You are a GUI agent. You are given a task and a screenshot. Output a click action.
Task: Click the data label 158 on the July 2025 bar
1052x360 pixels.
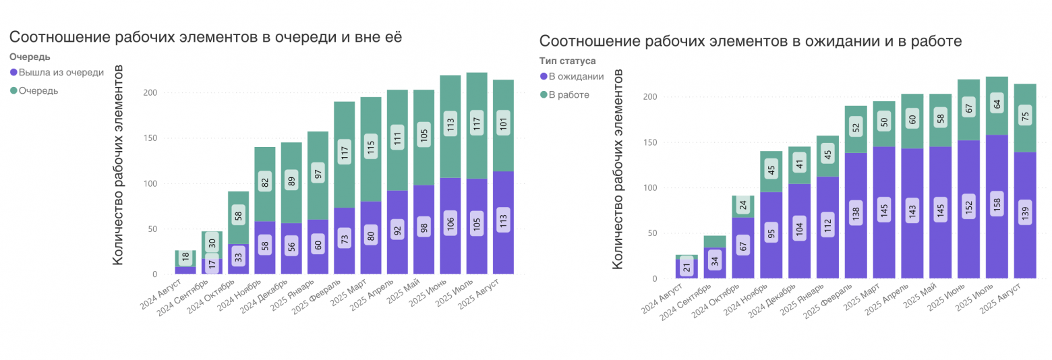(997, 203)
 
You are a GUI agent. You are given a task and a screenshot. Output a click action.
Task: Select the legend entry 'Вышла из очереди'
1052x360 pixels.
(61, 72)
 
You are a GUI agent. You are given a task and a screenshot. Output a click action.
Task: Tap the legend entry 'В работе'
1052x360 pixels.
(568, 94)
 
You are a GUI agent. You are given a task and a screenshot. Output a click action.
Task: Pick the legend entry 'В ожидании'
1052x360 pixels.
(576, 77)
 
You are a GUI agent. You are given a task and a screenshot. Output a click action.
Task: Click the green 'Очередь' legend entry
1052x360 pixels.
(38, 90)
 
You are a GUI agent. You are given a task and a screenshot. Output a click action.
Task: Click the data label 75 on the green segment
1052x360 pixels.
(1025, 116)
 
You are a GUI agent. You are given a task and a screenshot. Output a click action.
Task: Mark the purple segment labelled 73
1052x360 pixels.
(345, 238)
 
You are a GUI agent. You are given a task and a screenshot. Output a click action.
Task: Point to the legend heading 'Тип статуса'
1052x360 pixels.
(567, 61)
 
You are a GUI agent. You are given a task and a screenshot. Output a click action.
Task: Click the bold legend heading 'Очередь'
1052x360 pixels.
(30, 57)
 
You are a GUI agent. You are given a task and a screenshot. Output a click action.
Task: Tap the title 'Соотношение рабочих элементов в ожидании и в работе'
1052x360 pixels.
(750, 41)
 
